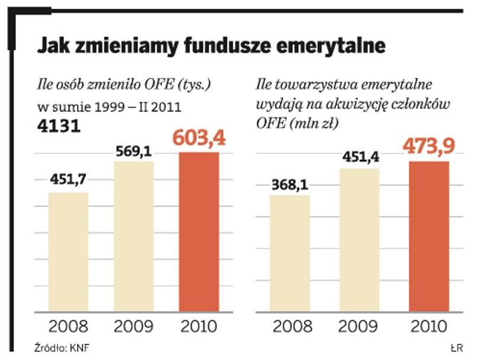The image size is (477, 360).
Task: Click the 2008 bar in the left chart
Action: pyautogui.click(x=68, y=252)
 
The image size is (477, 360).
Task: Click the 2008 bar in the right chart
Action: pyautogui.click(x=289, y=253)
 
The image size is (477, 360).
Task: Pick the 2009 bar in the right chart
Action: pyautogui.click(x=359, y=240)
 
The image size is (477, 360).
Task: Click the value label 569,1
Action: pyautogui.click(x=133, y=150)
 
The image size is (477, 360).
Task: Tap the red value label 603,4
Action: pyautogui.click(x=199, y=138)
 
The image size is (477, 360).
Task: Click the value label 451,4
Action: pyautogui.click(x=359, y=157)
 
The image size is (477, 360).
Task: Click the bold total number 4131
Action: pyautogui.click(x=59, y=127)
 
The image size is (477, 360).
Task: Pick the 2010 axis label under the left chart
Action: pyautogui.click(x=199, y=326)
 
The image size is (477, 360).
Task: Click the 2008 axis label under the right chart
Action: pyautogui.click(x=289, y=326)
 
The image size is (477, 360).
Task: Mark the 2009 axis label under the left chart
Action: pyautogui.click(x=133, y=326)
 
